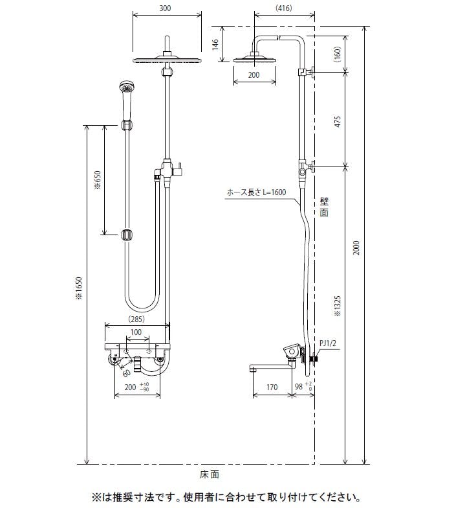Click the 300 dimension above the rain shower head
coord(165,8)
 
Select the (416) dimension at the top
coord(283,8)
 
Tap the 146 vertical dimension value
coord(215,44)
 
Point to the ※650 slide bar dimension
coord(98,180)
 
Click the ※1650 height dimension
coord(79,288)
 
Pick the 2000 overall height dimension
coord(356,248)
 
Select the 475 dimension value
coord(338,122)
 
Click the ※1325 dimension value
coord(338,306)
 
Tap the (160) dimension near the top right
coord(338,54)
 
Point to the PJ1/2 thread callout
coord(327,343)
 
